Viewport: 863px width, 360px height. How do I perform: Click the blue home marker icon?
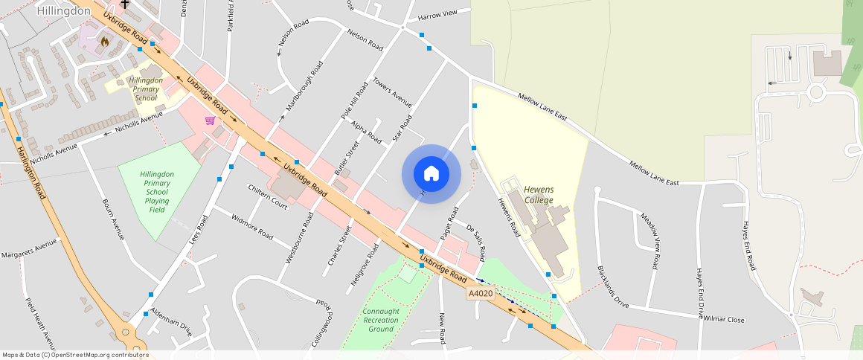click(431, 174)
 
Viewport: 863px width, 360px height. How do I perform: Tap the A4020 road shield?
click(481, 294)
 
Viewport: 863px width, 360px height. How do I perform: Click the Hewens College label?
click(539, 195)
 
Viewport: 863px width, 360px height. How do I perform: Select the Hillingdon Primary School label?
click(146, 89)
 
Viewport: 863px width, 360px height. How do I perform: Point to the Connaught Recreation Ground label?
click(381, 320)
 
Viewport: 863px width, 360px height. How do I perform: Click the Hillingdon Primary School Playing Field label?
click(156, 192)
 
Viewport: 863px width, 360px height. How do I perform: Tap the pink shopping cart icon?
click(211, 120)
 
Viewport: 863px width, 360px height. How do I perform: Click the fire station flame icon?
click(104, 42)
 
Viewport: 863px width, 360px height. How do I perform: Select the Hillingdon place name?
click(63, 11)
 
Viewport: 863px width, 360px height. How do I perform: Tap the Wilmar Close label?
click(725, 319)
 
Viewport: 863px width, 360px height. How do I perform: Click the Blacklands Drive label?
click(612, 286)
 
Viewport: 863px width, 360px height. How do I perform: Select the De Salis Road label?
click(475, 241)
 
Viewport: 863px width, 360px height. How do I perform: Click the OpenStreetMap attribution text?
click(75, 355)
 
